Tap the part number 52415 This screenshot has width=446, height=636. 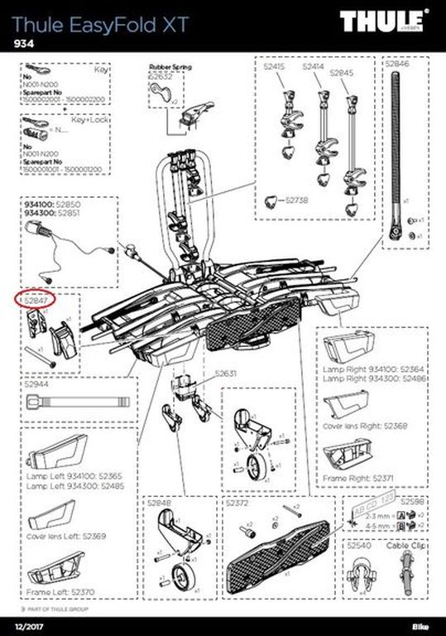[x=276, y=66]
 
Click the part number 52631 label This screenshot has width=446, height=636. [x=225, y=373]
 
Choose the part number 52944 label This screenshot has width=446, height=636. [x=37, y=385]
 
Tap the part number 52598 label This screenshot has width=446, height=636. [x=414, y=503]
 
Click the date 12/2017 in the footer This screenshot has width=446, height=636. [x=26, y=622]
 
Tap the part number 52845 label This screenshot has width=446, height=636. [x=342, y=73]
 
